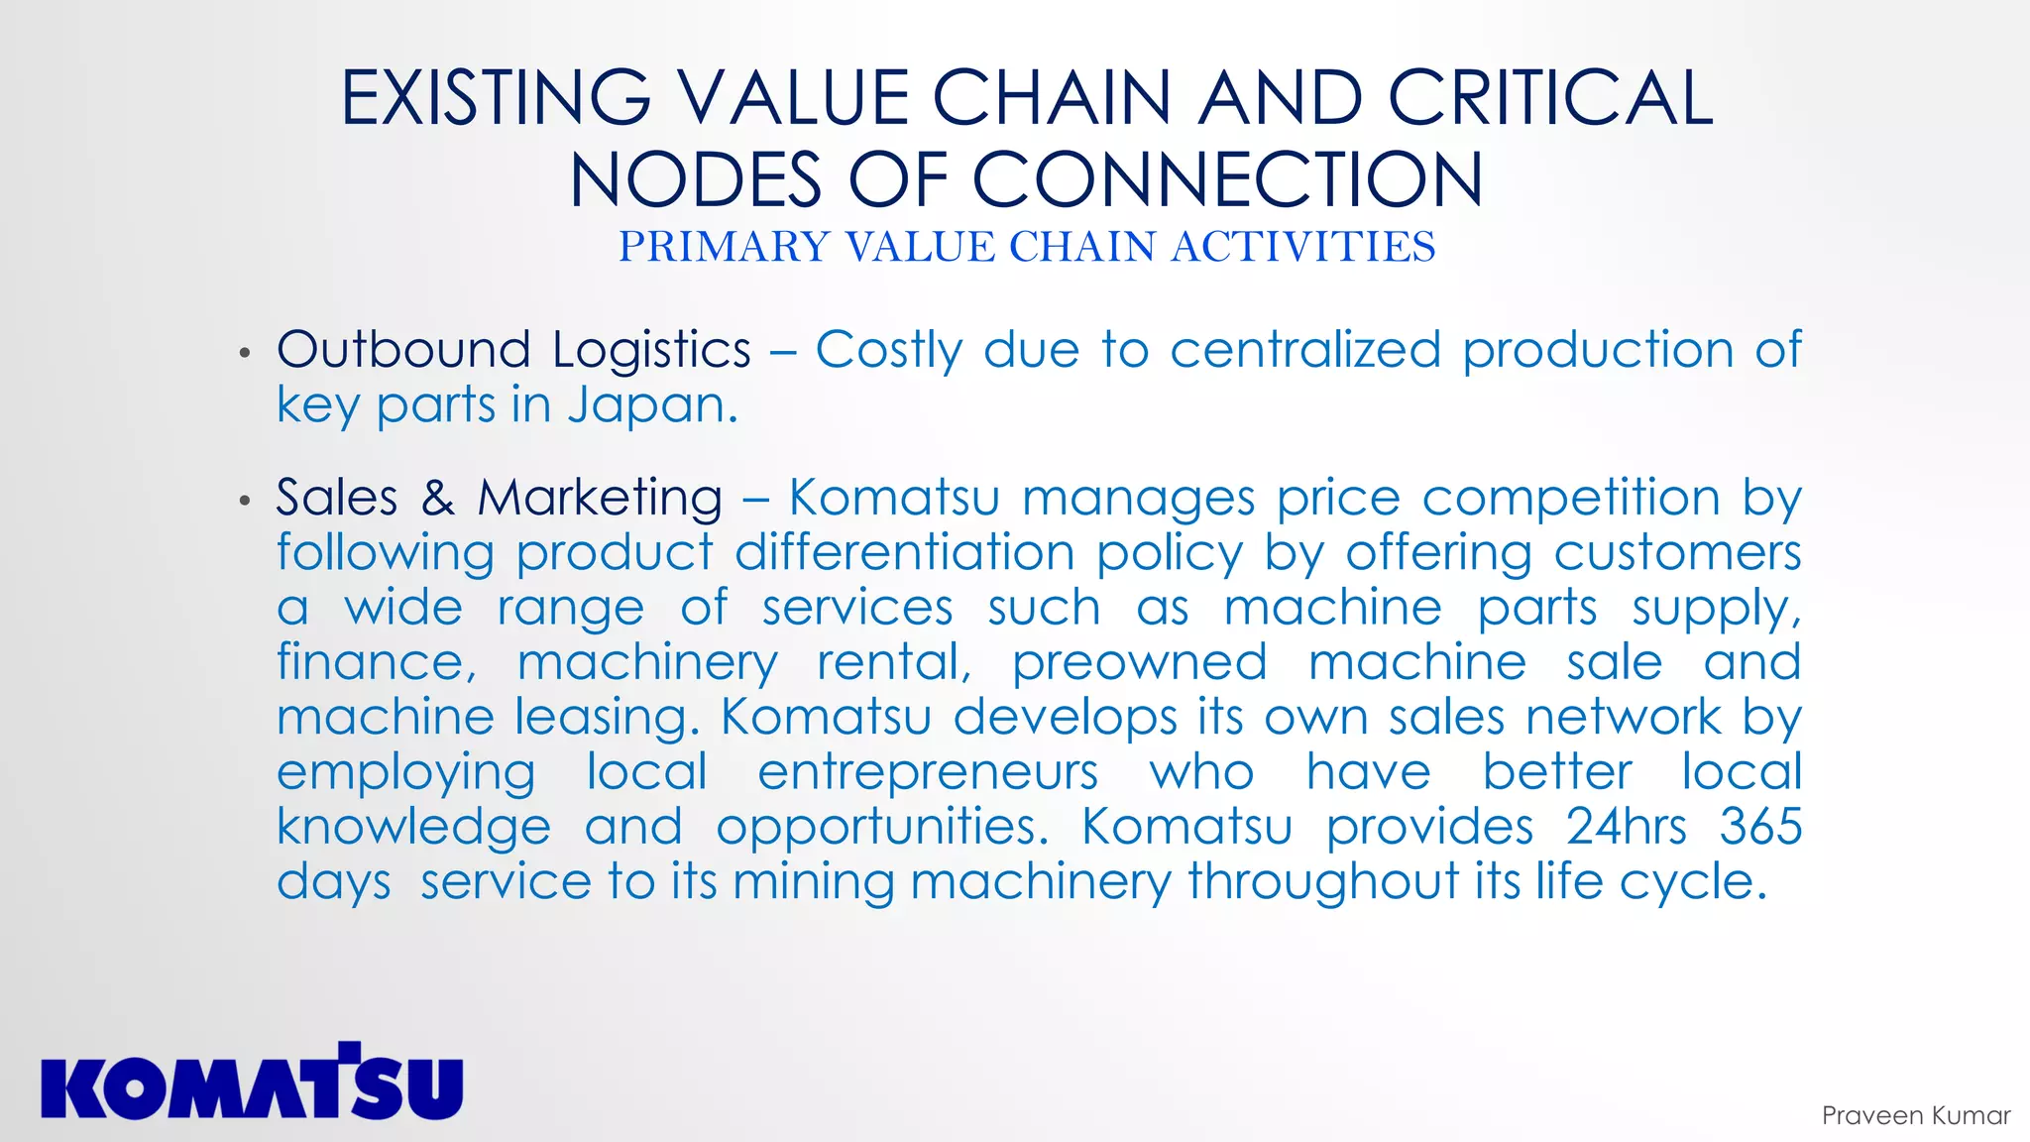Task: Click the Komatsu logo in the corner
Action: point(252,1083)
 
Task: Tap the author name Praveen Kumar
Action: point(1915,1115)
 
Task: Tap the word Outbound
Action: point(403,350)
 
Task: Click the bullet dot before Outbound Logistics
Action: point(245,353)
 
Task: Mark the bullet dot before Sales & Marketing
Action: point(245,501)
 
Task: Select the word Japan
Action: point(652,404)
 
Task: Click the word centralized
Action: point(1304,350)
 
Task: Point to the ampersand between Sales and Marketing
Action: point(437,498)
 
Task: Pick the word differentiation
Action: point(904,552)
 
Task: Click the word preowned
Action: point(1139,663)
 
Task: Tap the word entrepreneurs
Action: point(928,772)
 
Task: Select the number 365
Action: point(1759,827)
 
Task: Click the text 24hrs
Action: point(1626,827)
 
